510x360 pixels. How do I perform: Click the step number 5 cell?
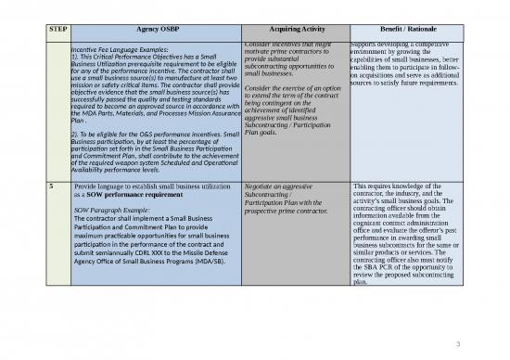point(50,186)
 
